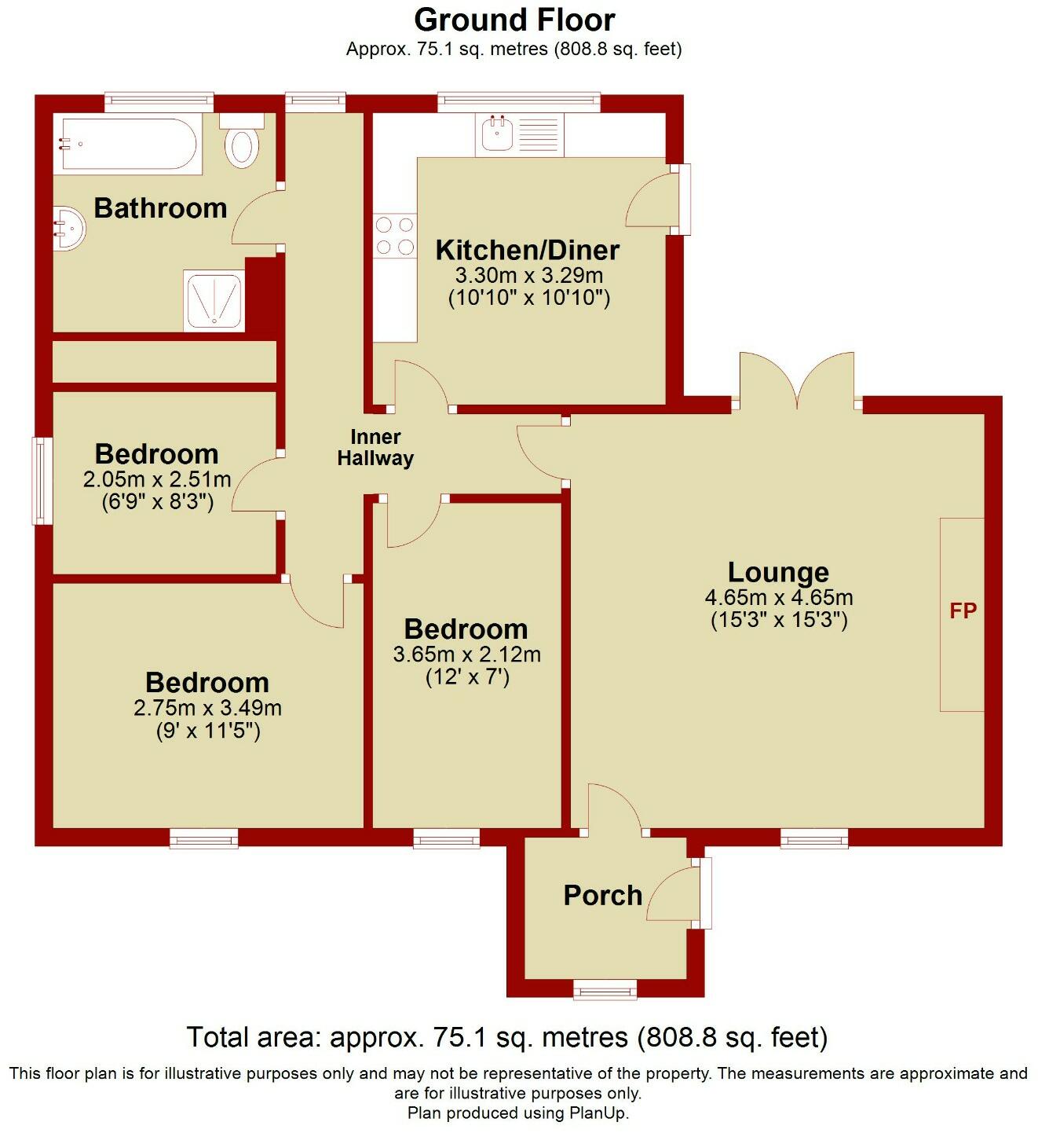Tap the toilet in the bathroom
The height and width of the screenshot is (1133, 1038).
242,142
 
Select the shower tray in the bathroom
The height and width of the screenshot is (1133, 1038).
214,301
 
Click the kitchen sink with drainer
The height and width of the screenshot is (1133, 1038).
519,134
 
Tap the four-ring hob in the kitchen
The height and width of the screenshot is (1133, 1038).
394,236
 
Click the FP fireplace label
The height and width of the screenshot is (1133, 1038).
963,611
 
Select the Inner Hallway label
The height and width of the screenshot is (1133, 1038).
375,448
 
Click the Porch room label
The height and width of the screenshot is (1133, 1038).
602,895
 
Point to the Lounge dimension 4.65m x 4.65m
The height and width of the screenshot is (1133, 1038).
778,597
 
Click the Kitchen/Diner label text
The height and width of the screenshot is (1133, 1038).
527,250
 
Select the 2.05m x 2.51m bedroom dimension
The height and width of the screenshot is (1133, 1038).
157,479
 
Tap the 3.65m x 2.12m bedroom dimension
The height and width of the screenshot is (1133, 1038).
466,654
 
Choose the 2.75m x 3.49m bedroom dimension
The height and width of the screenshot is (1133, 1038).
207,708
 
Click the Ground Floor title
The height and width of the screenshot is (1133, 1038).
514,20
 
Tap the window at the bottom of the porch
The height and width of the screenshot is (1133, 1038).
605,989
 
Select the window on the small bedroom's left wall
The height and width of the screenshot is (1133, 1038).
38,481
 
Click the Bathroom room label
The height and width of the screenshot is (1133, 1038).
160,208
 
